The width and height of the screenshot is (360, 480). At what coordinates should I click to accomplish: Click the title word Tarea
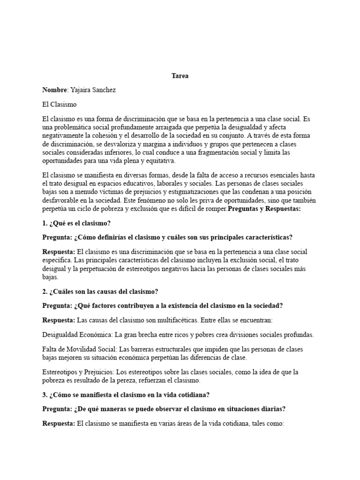point(180,76)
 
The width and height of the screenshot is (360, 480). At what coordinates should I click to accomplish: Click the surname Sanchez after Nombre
point(104,90)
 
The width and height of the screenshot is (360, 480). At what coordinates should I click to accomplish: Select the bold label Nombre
point(55,90)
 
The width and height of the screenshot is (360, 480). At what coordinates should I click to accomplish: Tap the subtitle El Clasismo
point(59,104)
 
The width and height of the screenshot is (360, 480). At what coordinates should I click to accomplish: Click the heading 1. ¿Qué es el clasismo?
point(76,223)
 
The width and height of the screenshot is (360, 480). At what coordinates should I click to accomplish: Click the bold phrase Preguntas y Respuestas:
point(264,209)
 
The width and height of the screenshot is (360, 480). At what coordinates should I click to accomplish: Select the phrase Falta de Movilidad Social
point(79,349)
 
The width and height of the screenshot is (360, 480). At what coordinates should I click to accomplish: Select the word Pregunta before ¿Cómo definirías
point(57,237)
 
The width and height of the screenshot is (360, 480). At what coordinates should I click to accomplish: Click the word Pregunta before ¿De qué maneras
point(57,409)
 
